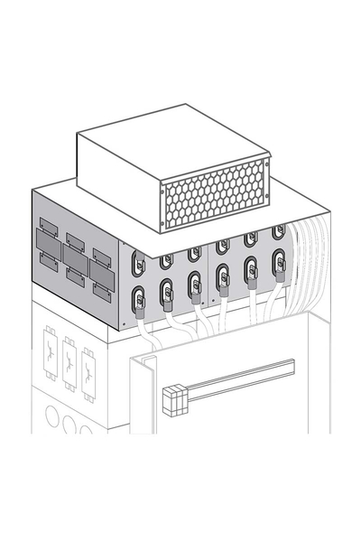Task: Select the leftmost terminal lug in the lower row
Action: click(139, 298)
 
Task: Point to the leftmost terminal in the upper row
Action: click(138, 263)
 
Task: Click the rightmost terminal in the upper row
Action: click(279, 232)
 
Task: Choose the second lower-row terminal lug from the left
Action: click(167, 293)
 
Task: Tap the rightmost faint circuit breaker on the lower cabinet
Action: click(88, 374)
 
